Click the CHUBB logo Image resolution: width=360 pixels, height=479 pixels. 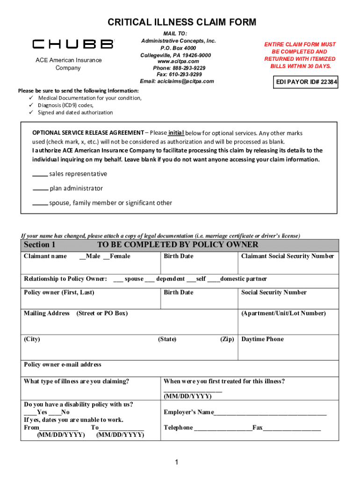72,44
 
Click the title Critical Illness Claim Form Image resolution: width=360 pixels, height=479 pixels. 182,22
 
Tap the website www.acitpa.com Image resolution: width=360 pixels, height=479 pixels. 178,61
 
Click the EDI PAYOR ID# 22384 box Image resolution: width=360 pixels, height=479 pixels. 306,83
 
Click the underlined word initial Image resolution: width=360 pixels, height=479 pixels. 176,132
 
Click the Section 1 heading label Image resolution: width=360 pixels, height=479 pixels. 40,245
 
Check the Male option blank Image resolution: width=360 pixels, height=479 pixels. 82,256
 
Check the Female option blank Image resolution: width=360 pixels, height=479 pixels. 106,256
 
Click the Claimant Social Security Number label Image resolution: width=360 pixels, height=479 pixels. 287,256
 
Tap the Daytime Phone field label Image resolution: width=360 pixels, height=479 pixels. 262,339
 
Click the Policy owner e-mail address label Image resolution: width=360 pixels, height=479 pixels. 62,364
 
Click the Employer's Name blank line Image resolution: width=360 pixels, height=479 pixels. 270,413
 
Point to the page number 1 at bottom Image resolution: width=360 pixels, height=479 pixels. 177,463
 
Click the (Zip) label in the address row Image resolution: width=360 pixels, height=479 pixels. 227,339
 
